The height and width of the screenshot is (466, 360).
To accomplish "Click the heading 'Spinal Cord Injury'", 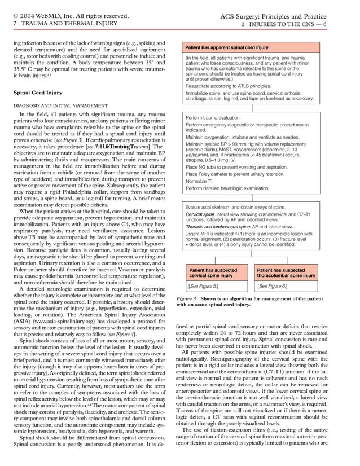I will [39, 91].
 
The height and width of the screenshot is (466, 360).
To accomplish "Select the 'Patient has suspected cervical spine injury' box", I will [213, 273].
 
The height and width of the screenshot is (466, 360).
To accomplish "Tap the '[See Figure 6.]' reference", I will [272, 286].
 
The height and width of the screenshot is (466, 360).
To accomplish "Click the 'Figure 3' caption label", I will [186, 298].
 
